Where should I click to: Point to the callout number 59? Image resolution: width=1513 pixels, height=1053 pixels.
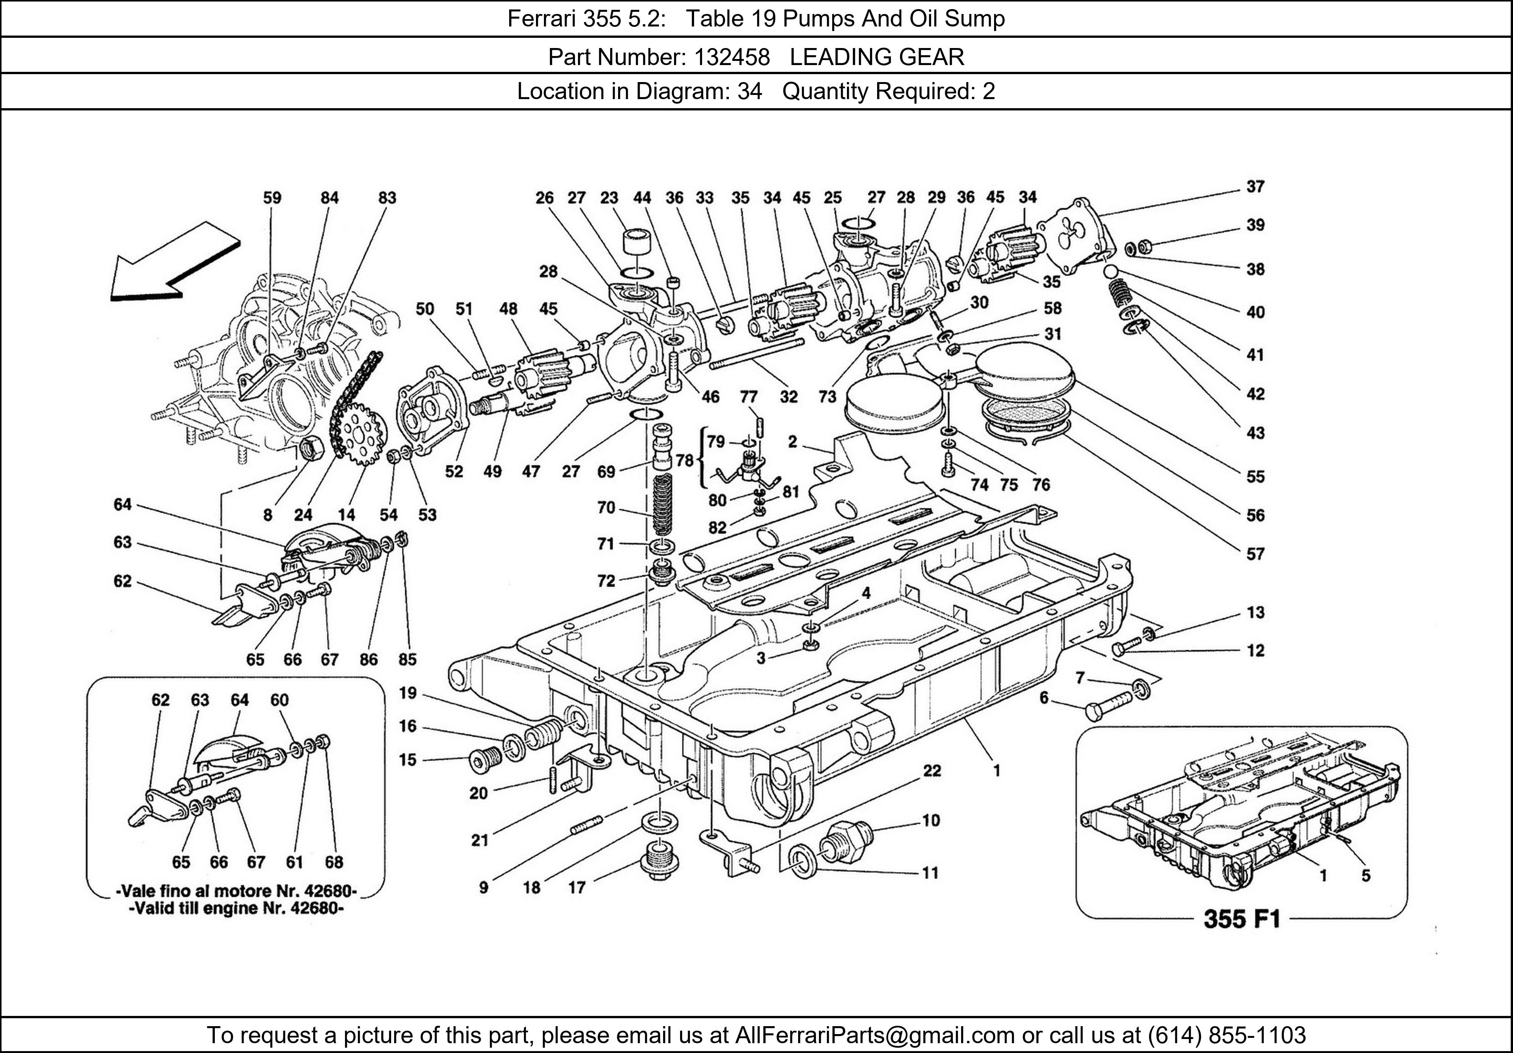coord(272,198)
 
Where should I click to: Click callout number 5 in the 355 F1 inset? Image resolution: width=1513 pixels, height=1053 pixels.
coord(1365,875)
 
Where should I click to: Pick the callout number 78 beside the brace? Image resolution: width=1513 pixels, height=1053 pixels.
coord(685,460)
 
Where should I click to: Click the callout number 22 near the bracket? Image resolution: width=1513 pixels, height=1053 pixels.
coord(931,770)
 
